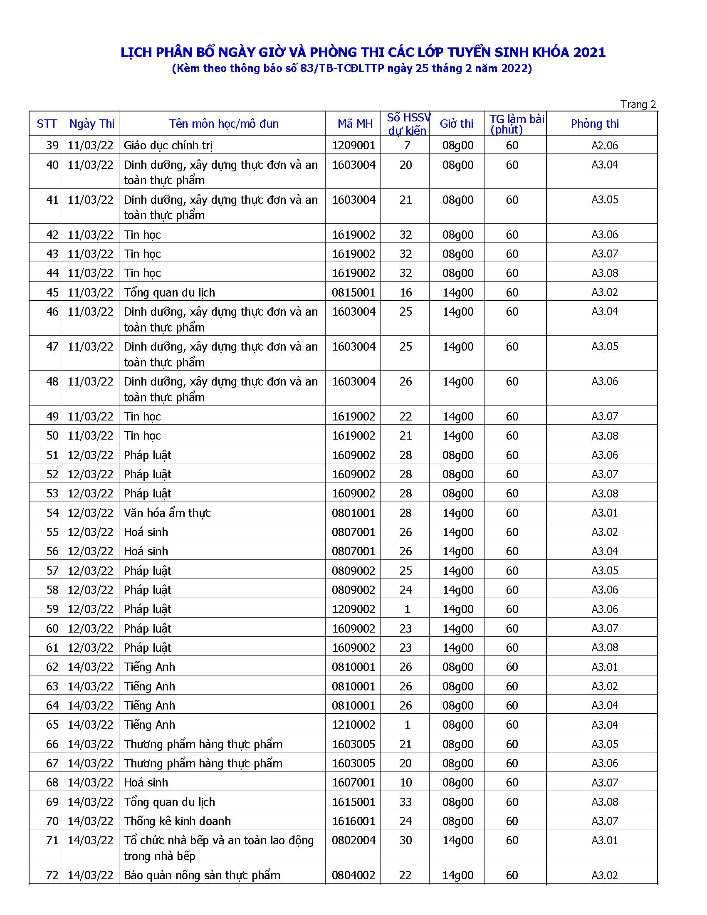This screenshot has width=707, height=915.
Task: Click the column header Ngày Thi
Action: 92,124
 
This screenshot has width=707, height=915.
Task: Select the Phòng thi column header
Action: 594,124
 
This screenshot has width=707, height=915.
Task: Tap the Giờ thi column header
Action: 457,124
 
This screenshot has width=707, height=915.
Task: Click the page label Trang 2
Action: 638,104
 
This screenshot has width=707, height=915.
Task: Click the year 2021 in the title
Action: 589,52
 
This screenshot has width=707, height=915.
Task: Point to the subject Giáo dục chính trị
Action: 168,146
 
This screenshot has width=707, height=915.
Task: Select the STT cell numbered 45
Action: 52,292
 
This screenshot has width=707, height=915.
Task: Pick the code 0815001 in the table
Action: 353,292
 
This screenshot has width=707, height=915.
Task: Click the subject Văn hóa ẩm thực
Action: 167,513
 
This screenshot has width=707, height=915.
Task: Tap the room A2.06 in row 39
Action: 605,146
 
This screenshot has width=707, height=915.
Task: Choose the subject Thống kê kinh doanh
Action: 177,821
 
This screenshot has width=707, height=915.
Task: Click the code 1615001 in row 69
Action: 353,802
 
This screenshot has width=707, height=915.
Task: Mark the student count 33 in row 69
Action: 405,802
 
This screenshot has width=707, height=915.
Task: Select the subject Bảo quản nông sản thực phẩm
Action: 202,875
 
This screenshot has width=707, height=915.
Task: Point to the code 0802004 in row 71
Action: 353,841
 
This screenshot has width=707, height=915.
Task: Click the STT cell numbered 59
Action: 52,609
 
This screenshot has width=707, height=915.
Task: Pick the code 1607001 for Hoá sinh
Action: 353,783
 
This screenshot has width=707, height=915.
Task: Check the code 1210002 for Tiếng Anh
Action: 353,725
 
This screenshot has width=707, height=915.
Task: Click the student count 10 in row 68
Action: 405,783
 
